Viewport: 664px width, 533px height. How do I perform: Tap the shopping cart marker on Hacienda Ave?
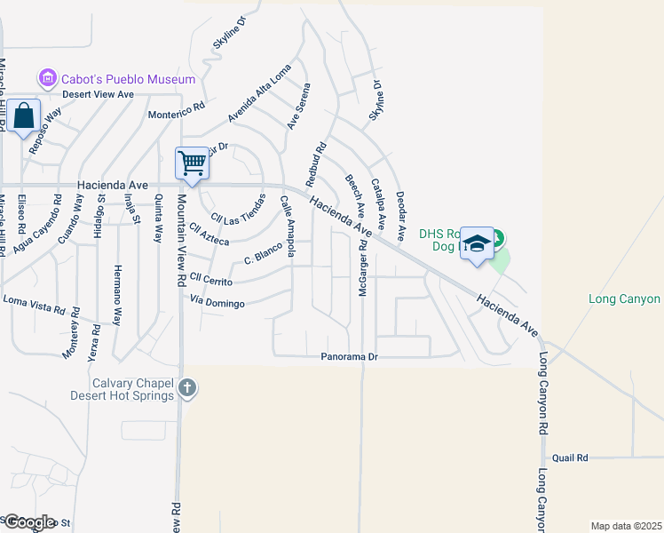click(x=192, y=163)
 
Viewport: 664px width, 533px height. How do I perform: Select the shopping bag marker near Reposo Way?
click(x=24, y=116)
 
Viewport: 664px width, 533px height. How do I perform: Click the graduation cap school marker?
click(x=477, y=243)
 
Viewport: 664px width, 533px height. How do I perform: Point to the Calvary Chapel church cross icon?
click(x=186, y=387)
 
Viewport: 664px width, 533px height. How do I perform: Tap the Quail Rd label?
click(x=570, y=458)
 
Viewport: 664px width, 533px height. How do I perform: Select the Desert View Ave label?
click(x=97, y=94)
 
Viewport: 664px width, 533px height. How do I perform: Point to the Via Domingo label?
click(x=217, y=303)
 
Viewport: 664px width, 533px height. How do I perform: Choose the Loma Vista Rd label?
click(x=35, y=306)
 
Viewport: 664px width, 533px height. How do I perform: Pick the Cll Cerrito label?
click(x=210, y=281)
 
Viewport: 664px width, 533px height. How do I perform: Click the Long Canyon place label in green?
click(x=624, y=299)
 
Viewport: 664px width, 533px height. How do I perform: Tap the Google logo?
click(x=28, y=522)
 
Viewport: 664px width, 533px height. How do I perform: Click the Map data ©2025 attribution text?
click(x=627, y=526)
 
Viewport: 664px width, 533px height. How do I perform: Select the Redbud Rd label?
click(x=316, y=163)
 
